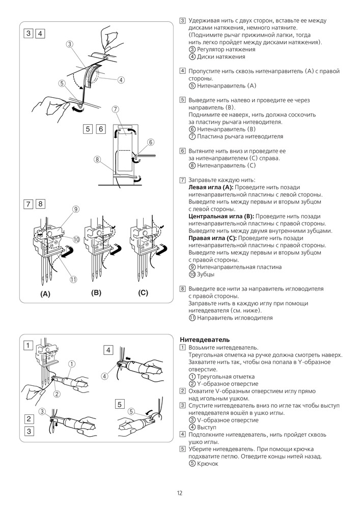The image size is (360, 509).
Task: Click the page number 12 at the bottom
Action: pyautogui.click(x=180, y=493)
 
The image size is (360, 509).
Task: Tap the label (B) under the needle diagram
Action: pyautogui.click(x=96, y=293)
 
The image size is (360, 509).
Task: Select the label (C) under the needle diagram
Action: pyautogui.click(x=143, y=293)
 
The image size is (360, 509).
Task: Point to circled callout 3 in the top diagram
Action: pyautogui.click(x=70, y=44)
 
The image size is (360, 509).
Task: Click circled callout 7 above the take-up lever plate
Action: pyautogui.click(x=116, y=109)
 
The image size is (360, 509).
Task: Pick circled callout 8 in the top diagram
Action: pyautogui.click(x=97, y=159)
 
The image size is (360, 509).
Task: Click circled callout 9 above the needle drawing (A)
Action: pyautogui.click(x=75, y=209)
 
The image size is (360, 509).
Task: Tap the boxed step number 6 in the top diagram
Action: pyautogui.click(x=101, y=129)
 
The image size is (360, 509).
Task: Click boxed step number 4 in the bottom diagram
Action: pyautogui.click(x=108, y=350)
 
